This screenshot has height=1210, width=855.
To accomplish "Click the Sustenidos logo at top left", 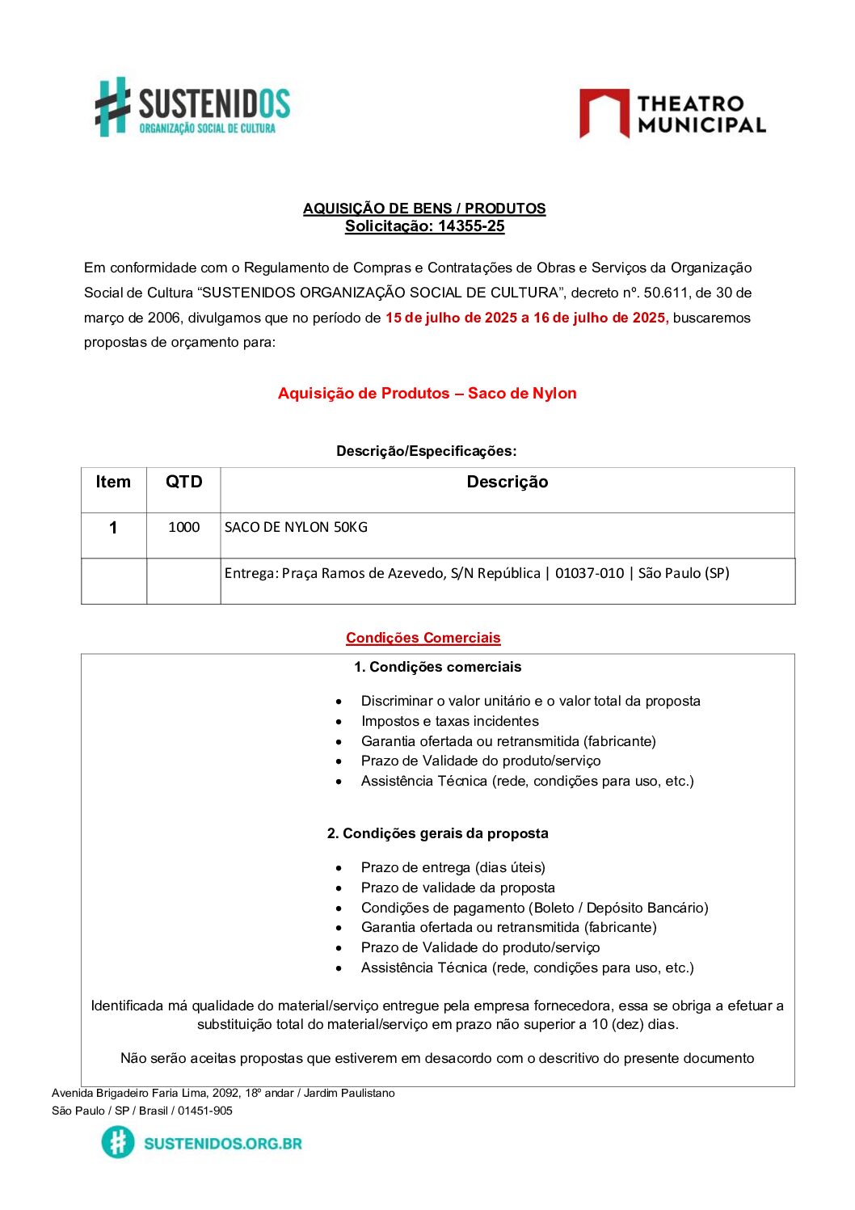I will [x=192, y=108].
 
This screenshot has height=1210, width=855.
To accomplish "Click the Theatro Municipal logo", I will [x=672, y=114].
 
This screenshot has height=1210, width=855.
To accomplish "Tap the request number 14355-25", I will [x=471, y=226].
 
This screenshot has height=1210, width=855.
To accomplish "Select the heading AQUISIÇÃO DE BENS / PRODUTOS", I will [x=424, y=209].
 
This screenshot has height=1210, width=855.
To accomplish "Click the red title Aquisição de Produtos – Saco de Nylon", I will [x=427, y=394].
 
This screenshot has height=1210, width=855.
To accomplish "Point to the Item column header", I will [x=113, y=483].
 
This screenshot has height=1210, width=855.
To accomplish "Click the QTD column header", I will [x=183, y=483].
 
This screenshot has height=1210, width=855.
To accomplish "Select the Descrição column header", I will [x=507, y=483].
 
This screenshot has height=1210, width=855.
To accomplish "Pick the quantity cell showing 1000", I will [x=183, y=528].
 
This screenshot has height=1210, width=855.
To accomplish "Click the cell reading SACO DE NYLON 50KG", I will [x=296, y=528].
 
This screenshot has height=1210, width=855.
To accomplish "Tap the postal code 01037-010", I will [x=589, y=574].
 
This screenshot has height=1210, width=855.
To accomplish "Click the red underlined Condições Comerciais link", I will [x=423, y=638].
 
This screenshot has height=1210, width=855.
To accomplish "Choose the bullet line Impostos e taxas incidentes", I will [x=449, y=721].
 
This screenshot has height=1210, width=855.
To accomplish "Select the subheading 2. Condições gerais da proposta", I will [x=437, y=833].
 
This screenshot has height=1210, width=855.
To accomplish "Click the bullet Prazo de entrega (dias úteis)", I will [x=453, y=867].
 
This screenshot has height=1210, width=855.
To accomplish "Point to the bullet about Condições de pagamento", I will [x=534, y=908].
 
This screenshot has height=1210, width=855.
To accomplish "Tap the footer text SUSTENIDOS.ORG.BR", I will [x=222, y=1144].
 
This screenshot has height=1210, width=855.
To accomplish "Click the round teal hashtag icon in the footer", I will [x=118, y=1143].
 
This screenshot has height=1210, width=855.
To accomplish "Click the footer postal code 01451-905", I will [x=205, y=1111].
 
